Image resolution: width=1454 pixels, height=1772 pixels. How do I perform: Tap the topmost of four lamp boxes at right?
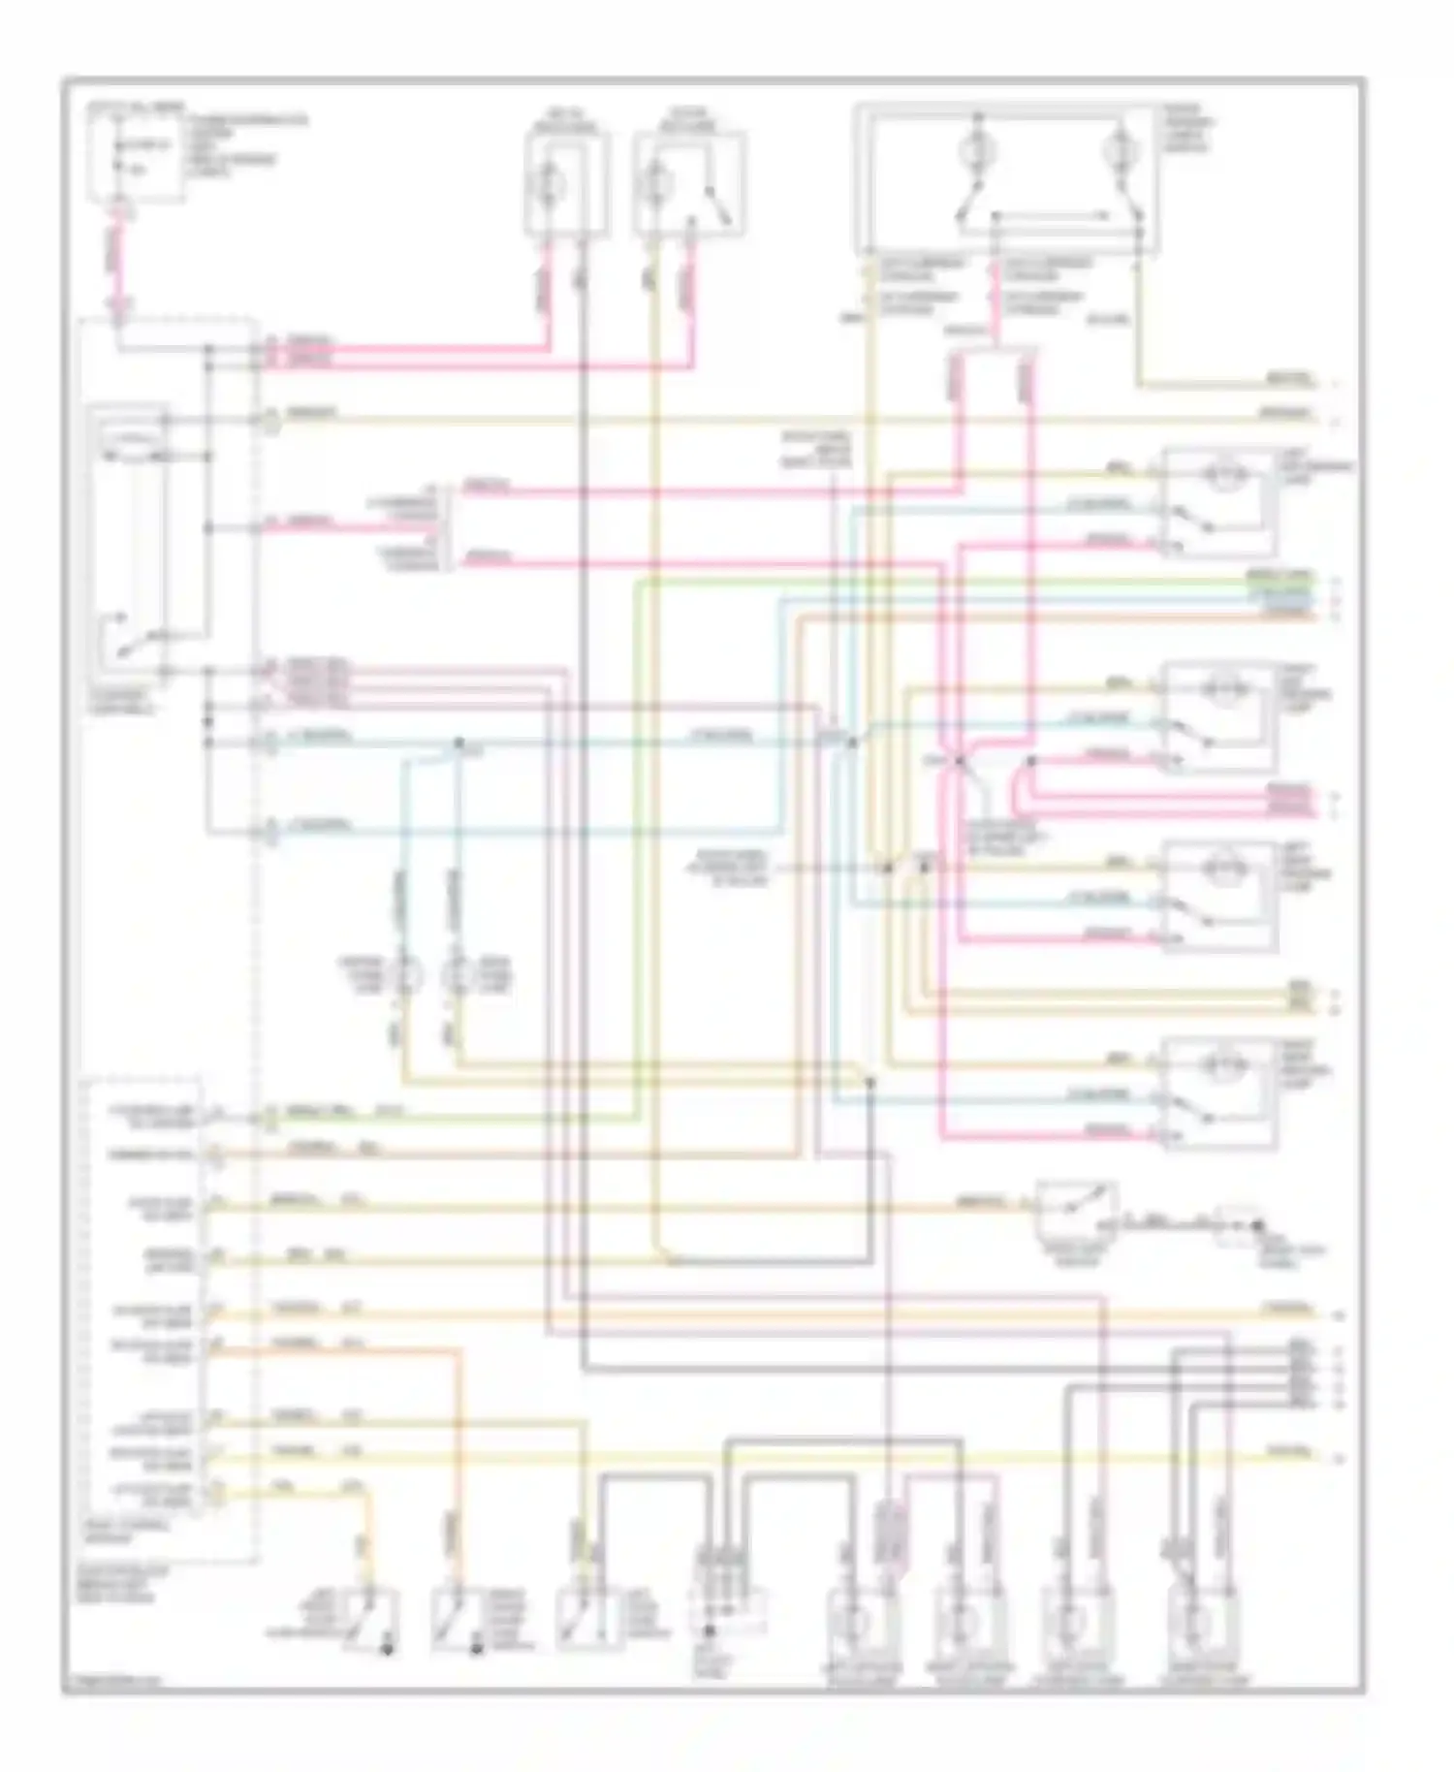pos(1217,502)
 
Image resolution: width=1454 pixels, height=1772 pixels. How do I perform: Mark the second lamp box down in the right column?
pos(1217,716)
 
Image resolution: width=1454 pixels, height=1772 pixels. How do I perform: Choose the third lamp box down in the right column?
pos(1217,896)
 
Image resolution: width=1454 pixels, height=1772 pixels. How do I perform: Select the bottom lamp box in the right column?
pos(1217,1092)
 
